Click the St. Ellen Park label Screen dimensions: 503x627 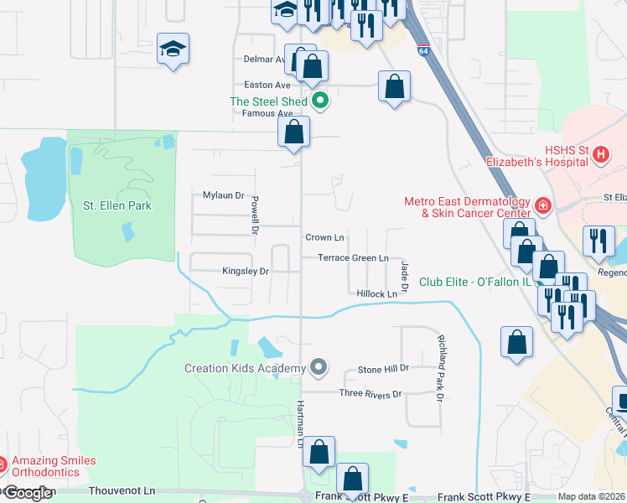(x=117, y=205)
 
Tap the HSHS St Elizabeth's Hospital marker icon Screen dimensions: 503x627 (x=600, y=154)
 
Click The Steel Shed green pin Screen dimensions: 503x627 (x=319, y=101)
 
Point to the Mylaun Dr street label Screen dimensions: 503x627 (x=223, y=195)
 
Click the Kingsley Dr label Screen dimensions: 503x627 (x=245, y=272)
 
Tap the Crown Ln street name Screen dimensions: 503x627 (x=324, y=238)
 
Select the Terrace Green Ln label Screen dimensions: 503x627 (x=353, y=258)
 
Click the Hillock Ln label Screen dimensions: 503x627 (x=376, y=294)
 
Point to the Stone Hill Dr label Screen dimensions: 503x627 (x=383, y=369)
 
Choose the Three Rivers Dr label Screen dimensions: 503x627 (x=370, y=394)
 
